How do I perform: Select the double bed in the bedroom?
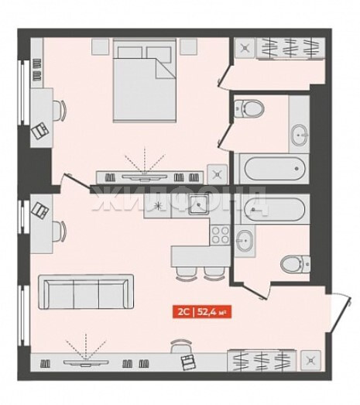[x=145, y=81]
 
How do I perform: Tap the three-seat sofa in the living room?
[x=86, y=292]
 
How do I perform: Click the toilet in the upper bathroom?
[x=249, y=108]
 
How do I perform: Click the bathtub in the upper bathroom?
[x=275, y=168]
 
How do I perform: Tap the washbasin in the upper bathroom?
[x=300, y=135]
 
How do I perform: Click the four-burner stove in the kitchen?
[x=220, y=235]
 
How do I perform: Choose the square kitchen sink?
[x=198, y=205]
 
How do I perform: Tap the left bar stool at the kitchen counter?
[x=185, y=274]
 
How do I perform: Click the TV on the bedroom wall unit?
[x=145, y=177]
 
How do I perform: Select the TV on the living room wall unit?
[x=86, y=362]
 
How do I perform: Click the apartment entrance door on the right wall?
[x=340, y=314]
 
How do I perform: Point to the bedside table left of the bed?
[x=100, y=46]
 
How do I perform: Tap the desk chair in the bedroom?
[x=60, y=110]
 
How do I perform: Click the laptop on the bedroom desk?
[x=40, y=131]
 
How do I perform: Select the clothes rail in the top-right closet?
[x=290, y=49]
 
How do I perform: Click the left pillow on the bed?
[x=130, y=53]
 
